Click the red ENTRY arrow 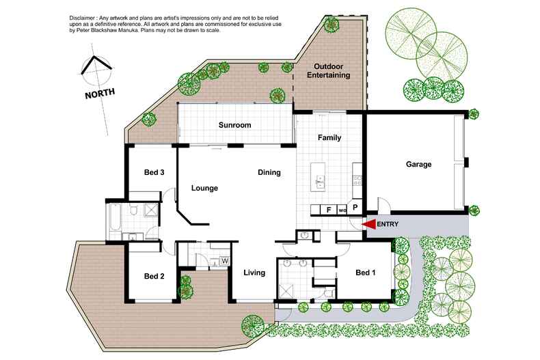click(x=368, y=224)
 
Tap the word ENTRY click(x=387, y=224)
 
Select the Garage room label click(x=418, y=165)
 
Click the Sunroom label click(x=235, y=126)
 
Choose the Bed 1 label click(x=366, y=273)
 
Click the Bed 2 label click(x=154, y=277)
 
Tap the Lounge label click(x=204, y=189)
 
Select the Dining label click(x=269, y=173)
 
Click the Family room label click(x=329, y=138)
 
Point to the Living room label click(x=255, y=273)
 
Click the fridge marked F click(x=329, y=210)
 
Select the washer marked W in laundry click(x=224, y=260)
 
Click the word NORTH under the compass click(x=100, y=93)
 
